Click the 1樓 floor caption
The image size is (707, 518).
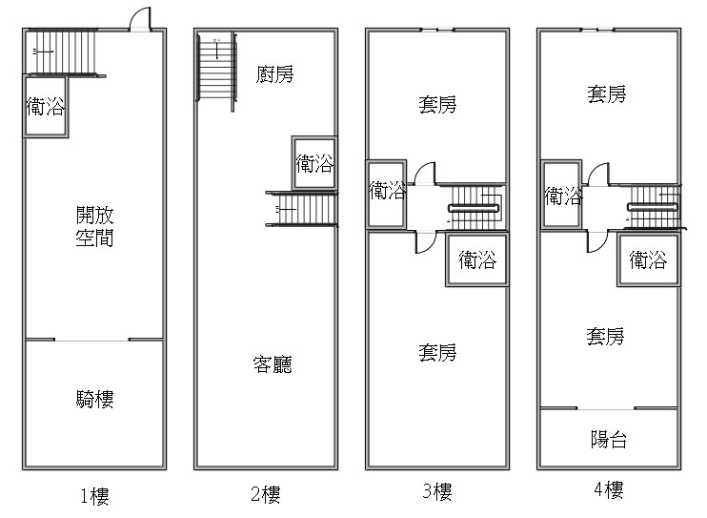[x=94, y=496]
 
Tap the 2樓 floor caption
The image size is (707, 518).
[x=266, y=494]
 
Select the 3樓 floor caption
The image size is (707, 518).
[x=437, y=491]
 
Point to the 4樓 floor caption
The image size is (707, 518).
[x=609, y=489]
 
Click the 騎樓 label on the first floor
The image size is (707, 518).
[x=94, y=399]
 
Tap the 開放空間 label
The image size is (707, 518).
[x=94, y=227]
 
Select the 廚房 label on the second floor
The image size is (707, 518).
[x=274, y=74]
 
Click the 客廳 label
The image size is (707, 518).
[x=273, y=364]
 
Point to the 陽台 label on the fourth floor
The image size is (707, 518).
[x=609, y=439]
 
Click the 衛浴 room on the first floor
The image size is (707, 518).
[x=46, y=107]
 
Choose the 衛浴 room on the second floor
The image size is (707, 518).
[x=314, y=163]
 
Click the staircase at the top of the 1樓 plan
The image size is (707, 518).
[x=62, y=52]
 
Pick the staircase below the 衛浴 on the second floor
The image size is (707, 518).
[x=302, y=209]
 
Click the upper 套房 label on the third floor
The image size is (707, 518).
[x=437, y=105]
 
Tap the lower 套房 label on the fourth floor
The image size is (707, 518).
[x=605, y=337]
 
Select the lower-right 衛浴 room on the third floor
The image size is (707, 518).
[x=477, y=259]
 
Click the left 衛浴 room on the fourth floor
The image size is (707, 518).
[x=561, y=196]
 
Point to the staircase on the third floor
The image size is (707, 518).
[x=477, y=208]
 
